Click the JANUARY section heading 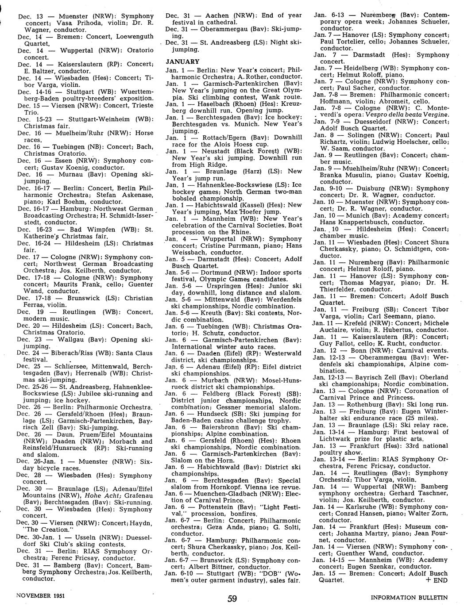[182, 61]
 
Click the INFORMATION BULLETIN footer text [409, 597]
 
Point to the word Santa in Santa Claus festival [128, 353]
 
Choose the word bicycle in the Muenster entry [53, 468]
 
